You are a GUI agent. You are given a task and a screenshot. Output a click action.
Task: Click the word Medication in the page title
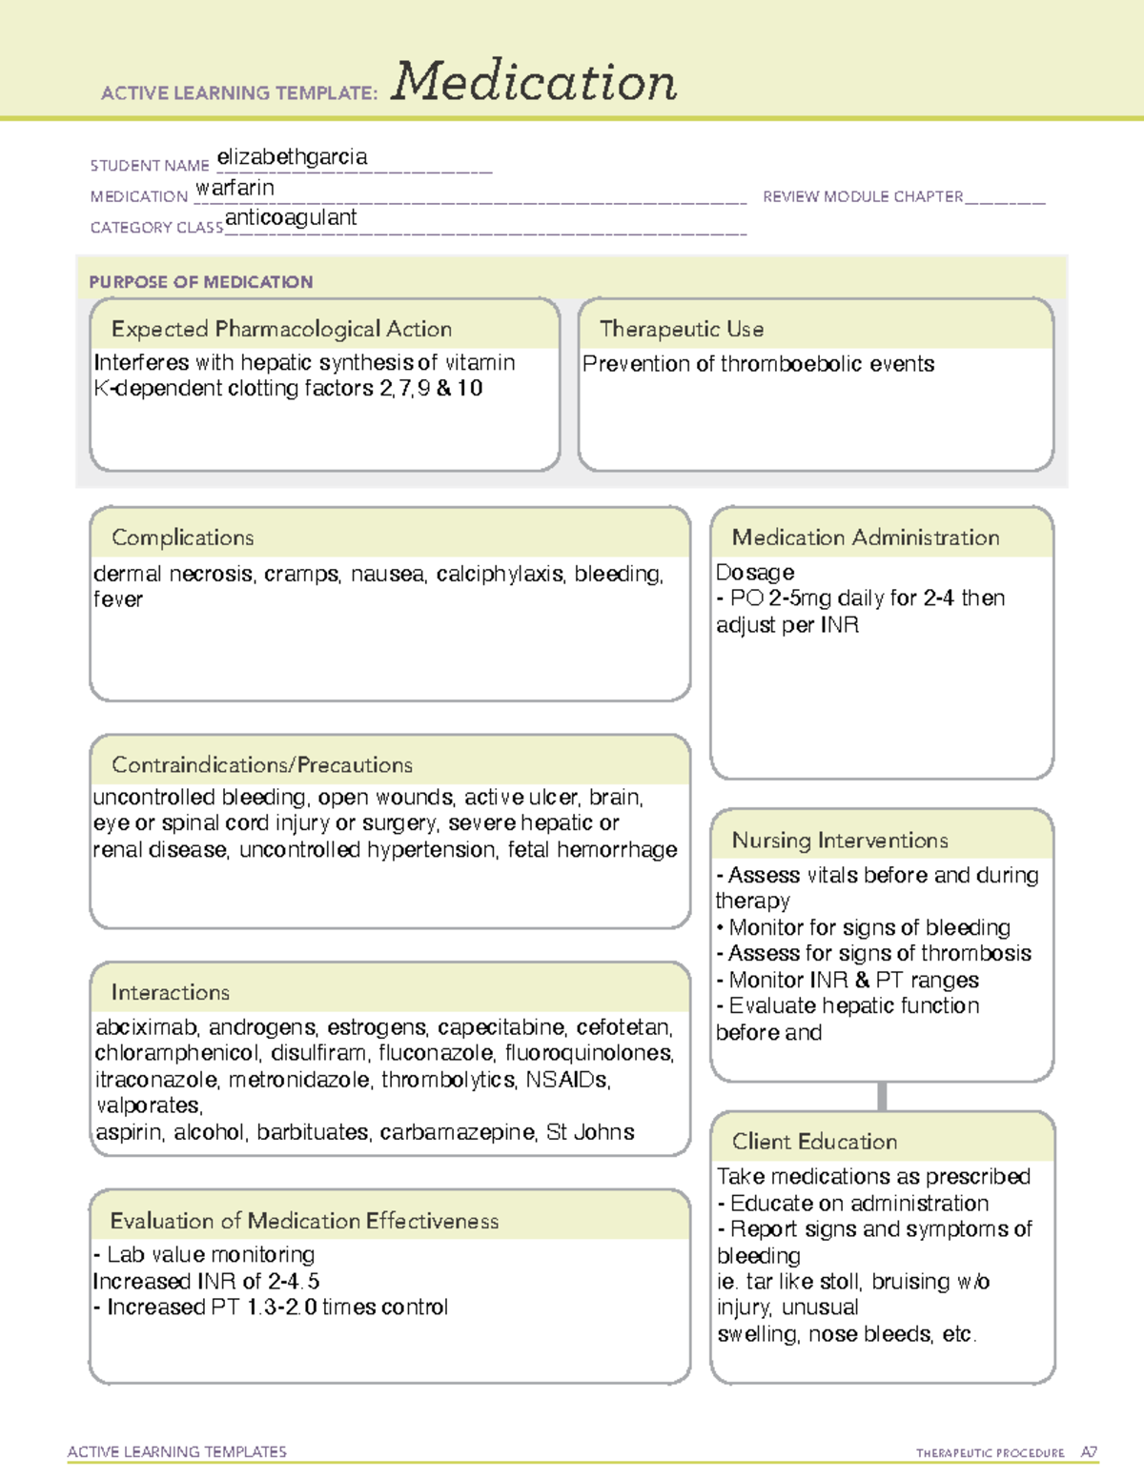click(x=534, y=82)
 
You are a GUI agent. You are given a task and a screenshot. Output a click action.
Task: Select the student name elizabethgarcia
click(x=292, y=157)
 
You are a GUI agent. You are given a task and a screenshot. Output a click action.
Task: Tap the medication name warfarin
click(x=235, y=188)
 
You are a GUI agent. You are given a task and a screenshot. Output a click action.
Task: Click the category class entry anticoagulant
click(x=291, y=217)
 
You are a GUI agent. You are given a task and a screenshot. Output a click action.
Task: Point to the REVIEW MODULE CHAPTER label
click(x=863, y=196)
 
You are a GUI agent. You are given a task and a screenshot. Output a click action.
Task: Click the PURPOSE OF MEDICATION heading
click(x=201, y=282)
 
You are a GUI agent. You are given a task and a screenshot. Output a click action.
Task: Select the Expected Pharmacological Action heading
click(x=281, y=329)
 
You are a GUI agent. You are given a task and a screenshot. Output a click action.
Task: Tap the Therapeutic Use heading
click(x=682, y=329)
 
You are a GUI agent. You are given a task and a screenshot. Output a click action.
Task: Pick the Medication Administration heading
click(x=866, y=537)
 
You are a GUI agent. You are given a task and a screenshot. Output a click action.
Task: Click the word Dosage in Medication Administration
click(x=755, y=572)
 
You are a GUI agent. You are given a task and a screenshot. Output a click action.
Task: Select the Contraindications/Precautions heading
click(x=262, y=764)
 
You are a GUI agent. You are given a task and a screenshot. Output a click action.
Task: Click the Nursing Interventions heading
click(x=840, y=840)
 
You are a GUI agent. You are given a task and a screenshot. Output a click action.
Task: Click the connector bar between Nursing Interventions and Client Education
click(x=882, y=1096)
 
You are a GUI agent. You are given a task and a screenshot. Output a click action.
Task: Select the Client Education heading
click(x=814, y=1142)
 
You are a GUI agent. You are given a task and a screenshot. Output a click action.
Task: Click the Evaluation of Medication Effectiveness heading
click(x=304, y=1221)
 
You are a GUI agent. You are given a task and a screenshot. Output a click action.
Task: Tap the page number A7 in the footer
click(x=1089, y=1452)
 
